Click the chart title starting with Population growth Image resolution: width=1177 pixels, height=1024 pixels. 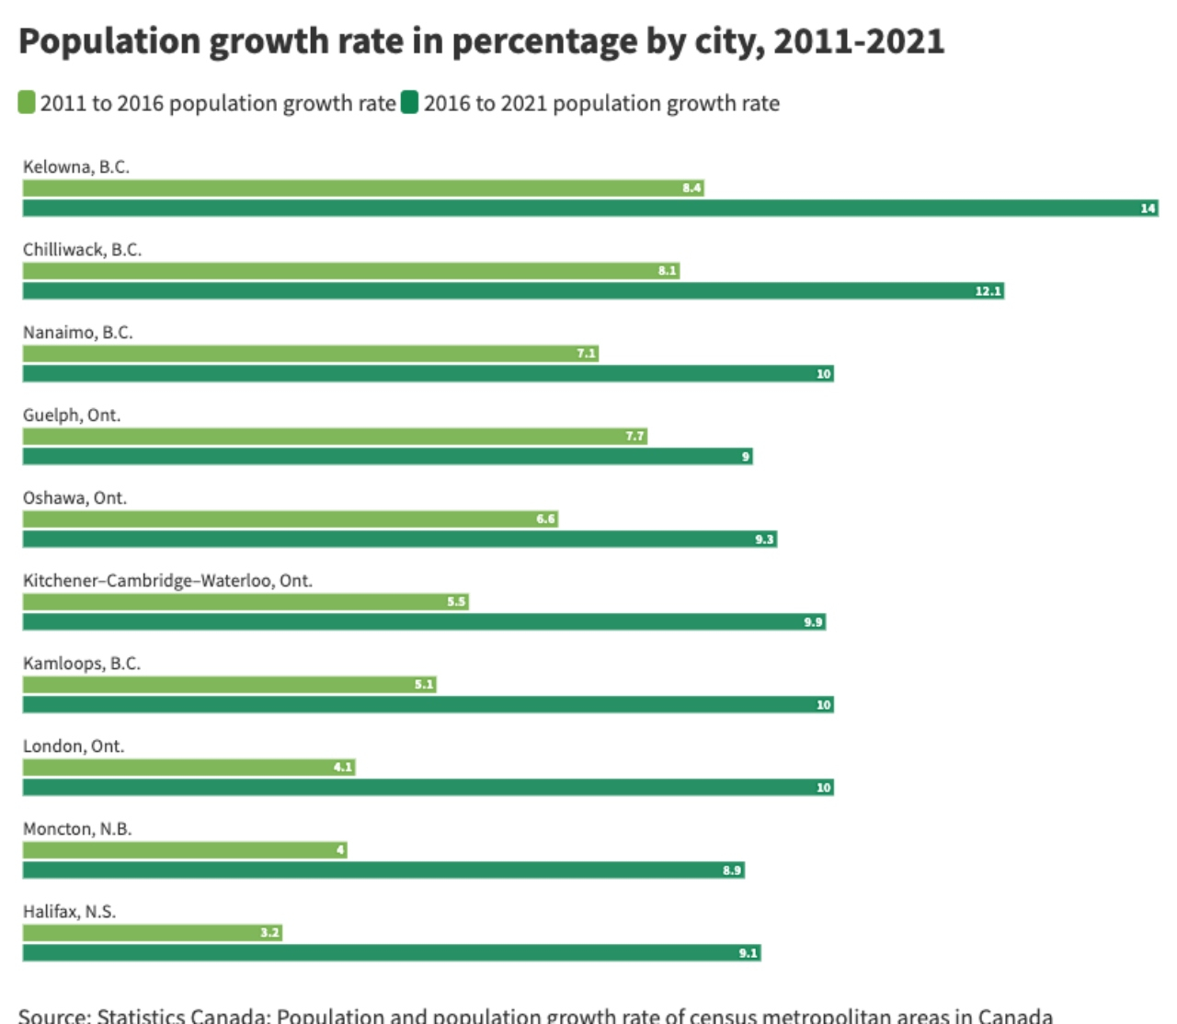[x=481, y=42]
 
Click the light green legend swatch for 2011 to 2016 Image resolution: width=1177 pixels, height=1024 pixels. [x=27, y=102]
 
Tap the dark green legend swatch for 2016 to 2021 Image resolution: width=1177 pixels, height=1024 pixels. [x=409, y=102]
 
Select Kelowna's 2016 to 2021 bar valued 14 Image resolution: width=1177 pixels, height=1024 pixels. [x=588, y=209]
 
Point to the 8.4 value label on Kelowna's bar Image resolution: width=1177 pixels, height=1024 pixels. [x=691, y=188]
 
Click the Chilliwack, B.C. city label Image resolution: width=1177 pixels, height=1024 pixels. [x=82, y=250]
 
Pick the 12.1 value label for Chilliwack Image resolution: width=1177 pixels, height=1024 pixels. [x=988, y=291]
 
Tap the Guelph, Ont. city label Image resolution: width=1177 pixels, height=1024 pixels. [x=72, y=415]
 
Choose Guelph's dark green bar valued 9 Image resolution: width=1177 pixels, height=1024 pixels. [x=386, y=457]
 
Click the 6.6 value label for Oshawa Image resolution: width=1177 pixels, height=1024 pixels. [x=545, y=519]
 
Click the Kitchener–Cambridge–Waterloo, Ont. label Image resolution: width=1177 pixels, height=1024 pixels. [x=167, y=581]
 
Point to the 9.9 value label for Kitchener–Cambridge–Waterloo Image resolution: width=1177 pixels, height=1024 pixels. [x=813, y=622]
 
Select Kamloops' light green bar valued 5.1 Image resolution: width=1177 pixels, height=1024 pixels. [x=229, y=685]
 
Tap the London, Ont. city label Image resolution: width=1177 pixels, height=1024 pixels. [x=74, y=746]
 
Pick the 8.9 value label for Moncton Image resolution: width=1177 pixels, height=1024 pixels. [x=731, y=870]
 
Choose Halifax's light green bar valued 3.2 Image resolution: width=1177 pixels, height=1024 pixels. [x=152, y=933]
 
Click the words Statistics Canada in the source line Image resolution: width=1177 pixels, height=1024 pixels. [x=183, y=1016]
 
